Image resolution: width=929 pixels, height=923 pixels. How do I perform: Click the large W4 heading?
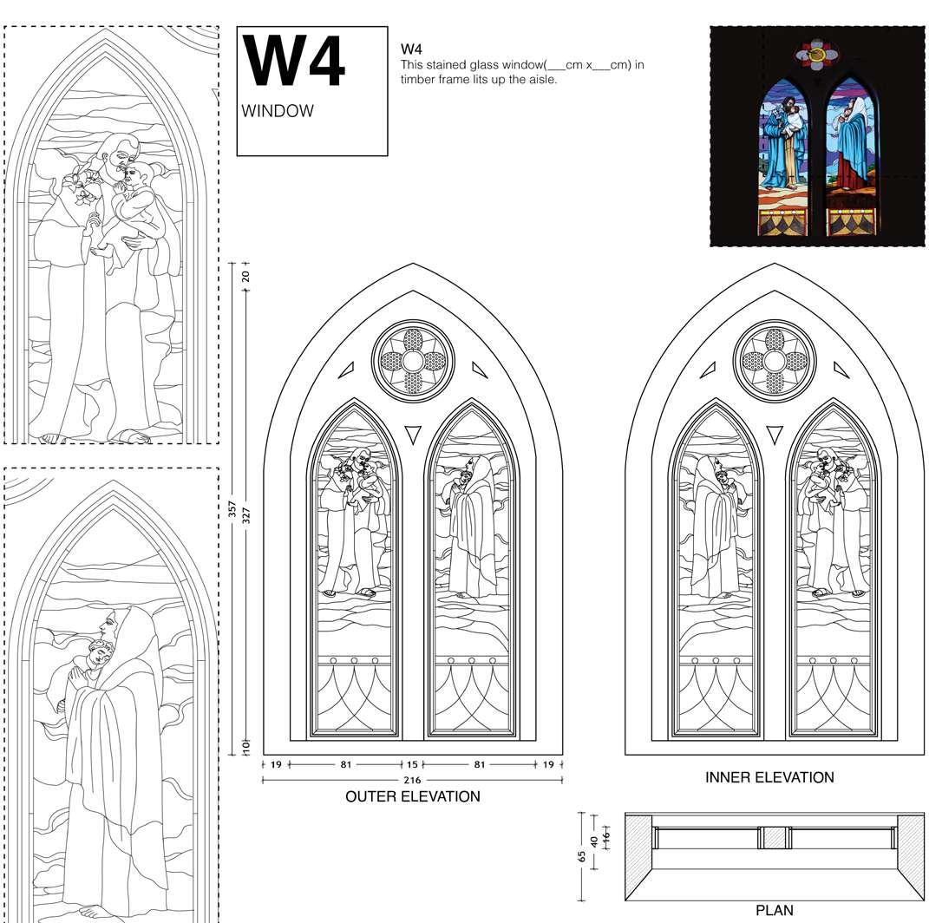point(294,62)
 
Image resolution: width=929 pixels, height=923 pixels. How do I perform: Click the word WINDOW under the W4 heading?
point(278,112)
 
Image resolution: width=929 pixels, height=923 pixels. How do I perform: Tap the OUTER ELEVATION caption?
point(412,796)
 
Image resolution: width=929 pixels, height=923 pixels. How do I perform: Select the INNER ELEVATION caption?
point(769,777)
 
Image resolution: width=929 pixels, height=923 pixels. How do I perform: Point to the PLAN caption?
point(774,910)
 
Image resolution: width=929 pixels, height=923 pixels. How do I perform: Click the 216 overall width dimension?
point(412,781)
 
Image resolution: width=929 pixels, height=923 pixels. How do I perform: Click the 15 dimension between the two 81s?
point(412,765)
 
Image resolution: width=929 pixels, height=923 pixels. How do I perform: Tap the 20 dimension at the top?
point(245,276)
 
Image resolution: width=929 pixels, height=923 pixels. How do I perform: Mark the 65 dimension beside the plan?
point(581,855)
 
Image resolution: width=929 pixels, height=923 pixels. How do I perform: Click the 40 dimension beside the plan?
point(593,840)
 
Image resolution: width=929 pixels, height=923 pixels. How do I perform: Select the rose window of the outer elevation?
point(413,360)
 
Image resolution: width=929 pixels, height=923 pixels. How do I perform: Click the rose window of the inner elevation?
point(774,360)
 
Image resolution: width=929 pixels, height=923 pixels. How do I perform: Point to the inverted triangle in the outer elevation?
point(413,433)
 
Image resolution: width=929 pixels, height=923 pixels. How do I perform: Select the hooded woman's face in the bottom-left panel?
point(109,626)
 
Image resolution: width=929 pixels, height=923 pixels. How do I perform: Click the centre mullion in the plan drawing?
point(773,838)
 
